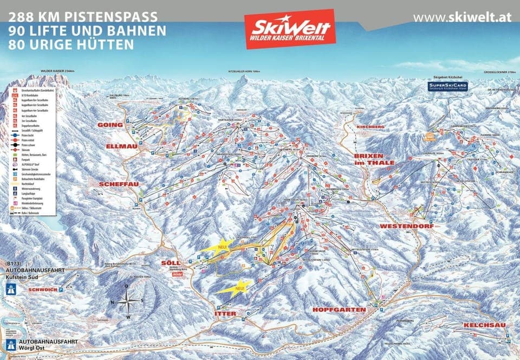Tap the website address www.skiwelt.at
pos(461,17)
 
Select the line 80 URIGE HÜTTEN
pos(71,45)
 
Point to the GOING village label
pos(110,125)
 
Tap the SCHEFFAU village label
pos(119,184)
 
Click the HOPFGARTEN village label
pos(339,309)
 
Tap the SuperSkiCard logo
pos(446,87)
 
